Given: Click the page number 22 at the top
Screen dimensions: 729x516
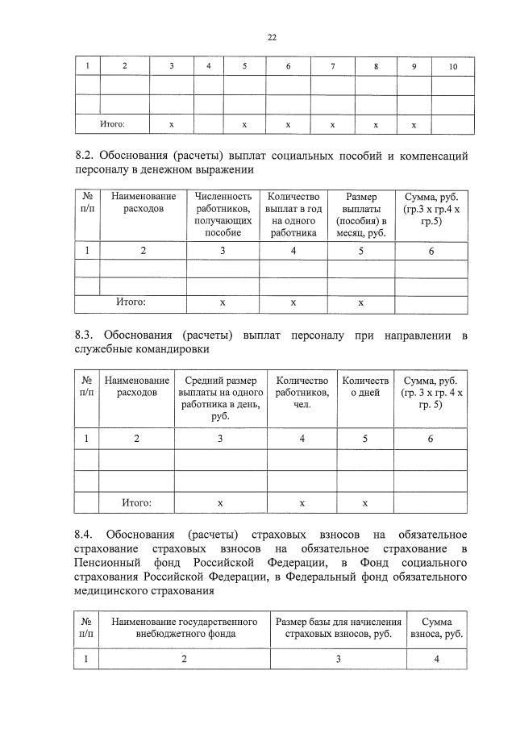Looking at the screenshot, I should [x=272, y=36].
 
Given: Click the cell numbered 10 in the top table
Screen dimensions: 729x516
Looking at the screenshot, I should [x=452, y=67].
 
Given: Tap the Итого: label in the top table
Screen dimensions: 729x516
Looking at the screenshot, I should [x=112, y=125].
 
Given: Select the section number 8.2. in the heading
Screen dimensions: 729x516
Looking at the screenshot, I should [x=88, y=155].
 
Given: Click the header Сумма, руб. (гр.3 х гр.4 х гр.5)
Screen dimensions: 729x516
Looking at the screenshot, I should [x=431, y=208].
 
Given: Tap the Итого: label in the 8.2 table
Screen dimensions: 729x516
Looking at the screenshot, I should [x=131, y=302].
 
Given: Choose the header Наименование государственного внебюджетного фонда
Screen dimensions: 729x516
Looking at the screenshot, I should [x=184, y=627].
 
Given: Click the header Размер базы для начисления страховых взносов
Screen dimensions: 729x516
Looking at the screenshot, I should [x=339, y=627].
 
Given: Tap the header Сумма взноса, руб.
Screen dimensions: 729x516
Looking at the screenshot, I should [x=436, y=627].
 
